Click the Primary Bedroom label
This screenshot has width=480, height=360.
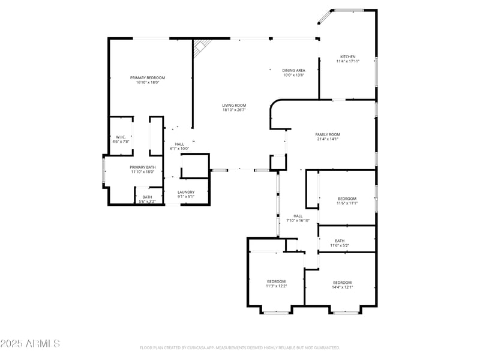click(x=148, y=77)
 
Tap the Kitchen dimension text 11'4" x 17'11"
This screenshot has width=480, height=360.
click(x=347, y=61)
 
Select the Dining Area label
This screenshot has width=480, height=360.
click(x=294, y=70)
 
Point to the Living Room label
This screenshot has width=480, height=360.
click(x=234, y=105)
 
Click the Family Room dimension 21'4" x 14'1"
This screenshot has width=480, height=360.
click(x=328, y=139)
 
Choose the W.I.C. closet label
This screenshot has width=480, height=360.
click(x=120, y=137)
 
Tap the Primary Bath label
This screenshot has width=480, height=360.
click(x=143, y=167)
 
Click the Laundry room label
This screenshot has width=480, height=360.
click(x=185, y=192)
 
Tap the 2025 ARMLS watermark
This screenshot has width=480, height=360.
click(x=30, y=344)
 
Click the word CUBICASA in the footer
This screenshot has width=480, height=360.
click(x=203, y=347)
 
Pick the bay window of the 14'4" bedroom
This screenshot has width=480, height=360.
click(x=345, y=312)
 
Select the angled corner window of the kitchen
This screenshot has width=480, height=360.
click(x=324, y=17)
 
